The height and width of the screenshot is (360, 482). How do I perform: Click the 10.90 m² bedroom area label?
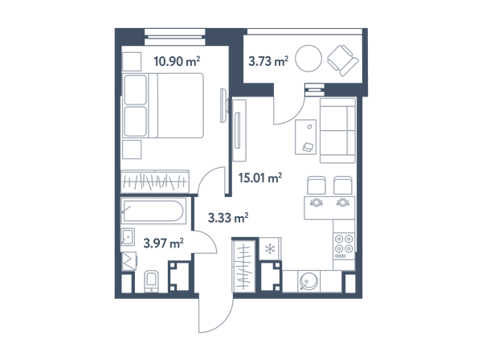pos(177,61)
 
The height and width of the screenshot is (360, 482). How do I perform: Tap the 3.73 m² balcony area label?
pos(268,61)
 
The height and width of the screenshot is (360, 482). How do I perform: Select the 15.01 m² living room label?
pos(260,178)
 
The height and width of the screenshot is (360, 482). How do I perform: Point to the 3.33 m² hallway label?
pos(228,218)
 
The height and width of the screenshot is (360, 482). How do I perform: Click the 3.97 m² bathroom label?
pos(164,243)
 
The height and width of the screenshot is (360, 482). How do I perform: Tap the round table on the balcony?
pos(308,59)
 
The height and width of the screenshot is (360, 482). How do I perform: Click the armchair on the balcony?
pos(343,60)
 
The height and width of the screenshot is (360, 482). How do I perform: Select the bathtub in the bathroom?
pos(153,211)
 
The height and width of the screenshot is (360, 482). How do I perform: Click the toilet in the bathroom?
pos(151,281)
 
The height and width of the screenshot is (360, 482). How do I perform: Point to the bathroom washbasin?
pos(128,237)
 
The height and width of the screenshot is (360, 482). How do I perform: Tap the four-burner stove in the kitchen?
pos(344,246)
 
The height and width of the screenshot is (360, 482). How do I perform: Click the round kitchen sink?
pos(308,281)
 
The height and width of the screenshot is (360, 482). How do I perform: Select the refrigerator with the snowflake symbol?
pos(270,249)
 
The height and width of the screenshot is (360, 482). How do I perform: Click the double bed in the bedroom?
pos(163,105)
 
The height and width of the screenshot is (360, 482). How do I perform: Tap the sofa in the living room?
pos(337,130)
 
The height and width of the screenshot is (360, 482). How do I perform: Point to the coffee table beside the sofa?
pos(305,137)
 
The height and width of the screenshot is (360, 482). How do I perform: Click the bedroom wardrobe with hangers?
pos(154,182)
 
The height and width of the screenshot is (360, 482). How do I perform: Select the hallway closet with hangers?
pos(244,266)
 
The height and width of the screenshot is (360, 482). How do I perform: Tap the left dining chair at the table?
pos(317,185)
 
